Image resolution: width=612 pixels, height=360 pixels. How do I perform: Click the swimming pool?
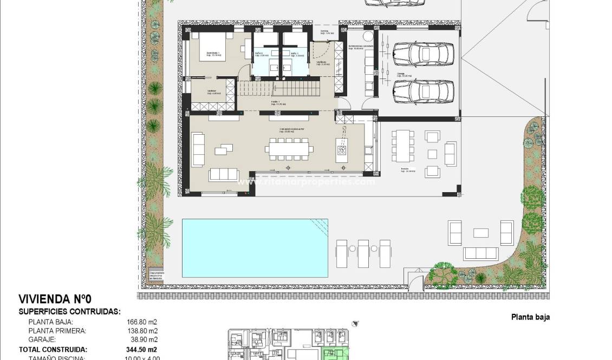(255, 247)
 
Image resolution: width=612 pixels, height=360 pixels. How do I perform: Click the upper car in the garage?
(423, 54)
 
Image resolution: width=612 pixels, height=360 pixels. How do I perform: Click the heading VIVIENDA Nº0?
(51, 299)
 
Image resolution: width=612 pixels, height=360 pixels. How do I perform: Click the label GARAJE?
(43, 339)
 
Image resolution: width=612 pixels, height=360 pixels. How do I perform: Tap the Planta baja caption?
(530, 317)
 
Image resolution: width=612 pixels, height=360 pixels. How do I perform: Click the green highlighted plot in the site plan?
(336, 355)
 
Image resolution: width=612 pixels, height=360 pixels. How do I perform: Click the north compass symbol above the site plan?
(355, 323)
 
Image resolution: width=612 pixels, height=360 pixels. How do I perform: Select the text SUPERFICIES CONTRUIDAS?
(69, 312)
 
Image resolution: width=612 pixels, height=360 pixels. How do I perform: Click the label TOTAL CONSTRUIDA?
(53, 349)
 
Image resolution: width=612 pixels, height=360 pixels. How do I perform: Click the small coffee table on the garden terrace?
(481, 233)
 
